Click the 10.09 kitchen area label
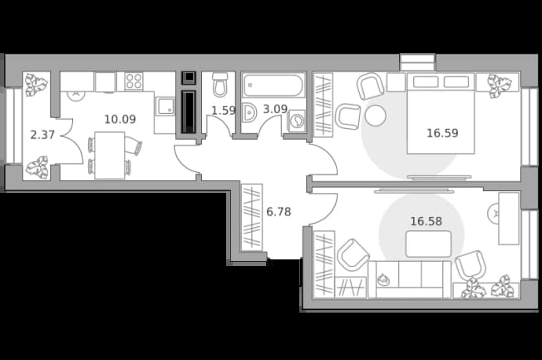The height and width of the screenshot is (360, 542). [x=120, y=120]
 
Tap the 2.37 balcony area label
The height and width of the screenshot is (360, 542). [x=42, y=135]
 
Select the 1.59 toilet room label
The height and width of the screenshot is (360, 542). [x=224, y=111]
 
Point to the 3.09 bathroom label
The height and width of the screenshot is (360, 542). [x=275, y=109]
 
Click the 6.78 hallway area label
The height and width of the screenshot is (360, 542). [x=278, y=212]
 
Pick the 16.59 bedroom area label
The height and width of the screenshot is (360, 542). [x=442, y=133]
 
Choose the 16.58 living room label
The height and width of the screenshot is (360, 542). [x=426, y=221]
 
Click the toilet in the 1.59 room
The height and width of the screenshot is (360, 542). [x=219, y=85]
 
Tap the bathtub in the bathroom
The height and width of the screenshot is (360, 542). [x=273, y=85]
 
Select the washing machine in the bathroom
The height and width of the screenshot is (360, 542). [x=296, y=121]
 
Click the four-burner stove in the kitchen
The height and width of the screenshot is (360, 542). [x=134, y=81]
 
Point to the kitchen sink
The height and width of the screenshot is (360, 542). [x=165, y=106]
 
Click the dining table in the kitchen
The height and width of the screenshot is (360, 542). [x=110, y=155]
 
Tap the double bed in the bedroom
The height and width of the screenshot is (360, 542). [x=441, y=113]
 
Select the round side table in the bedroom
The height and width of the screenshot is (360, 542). [x=376, y=116]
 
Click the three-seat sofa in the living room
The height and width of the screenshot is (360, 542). [x=410, y=279]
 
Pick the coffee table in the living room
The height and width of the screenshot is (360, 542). [x=429, y=244]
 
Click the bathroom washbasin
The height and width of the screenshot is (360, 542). [x=249, y=112]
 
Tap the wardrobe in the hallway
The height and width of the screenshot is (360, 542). [x=252, y=217]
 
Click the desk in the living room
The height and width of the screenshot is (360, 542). [x=509, y=219]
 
